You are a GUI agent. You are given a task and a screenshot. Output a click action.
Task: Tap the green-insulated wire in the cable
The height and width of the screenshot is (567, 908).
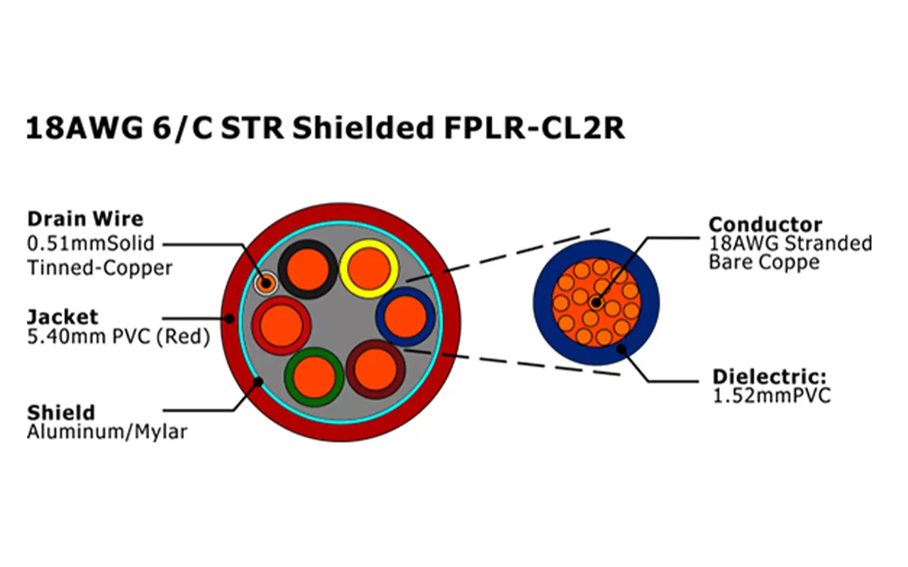click(x=314, y=376)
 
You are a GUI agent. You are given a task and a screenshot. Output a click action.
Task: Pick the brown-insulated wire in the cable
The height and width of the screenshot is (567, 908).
click(x=375, y=369)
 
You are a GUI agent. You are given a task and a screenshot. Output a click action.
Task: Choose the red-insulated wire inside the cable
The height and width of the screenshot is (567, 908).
click(x=282, y=325)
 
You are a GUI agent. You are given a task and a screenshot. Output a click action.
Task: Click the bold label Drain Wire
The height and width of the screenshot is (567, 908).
click(x=84, y=219)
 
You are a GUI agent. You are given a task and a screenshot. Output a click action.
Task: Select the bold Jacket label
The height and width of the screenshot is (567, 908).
click(x=62, y=316)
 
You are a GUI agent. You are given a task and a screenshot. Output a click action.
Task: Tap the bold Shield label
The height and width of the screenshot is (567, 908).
click(x=60, y=412)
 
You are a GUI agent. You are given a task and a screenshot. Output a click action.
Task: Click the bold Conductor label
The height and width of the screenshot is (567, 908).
click(x=765, y=225)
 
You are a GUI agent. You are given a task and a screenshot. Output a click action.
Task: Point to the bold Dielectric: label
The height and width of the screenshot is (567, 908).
click(x=770, y=376)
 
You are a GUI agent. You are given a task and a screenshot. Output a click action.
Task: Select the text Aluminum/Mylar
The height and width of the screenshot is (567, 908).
click(x=106, y=432)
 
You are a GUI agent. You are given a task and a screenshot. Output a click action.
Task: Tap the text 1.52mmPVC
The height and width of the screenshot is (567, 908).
click(x=771, y=395)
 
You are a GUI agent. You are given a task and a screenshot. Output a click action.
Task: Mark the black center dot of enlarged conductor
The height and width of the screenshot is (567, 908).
click(x=596, y=303)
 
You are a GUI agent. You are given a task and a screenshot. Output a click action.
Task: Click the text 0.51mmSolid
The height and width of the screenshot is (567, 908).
click(x=90, y=244)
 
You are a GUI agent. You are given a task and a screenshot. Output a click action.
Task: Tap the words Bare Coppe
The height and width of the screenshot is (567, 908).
click(x=764, y=262)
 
